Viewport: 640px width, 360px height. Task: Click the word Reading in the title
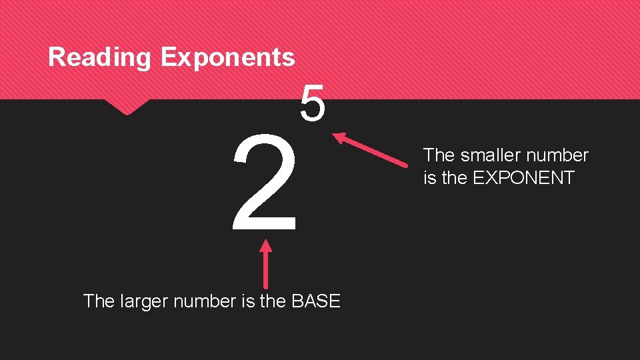(x=100, y=57)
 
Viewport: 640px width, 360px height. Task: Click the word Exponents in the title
(x=227, y=57)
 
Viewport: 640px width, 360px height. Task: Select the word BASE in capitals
(x=316, y=301)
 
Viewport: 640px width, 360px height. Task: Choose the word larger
(x=143, y=301)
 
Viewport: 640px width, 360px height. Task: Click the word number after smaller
(x=558, y=155)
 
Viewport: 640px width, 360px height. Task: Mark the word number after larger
(x=204, y=301)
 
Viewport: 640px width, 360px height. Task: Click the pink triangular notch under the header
(x=126, y=107)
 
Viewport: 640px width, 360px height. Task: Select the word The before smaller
(x=439, y=155)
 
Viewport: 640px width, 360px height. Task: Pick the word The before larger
(x=99, y=301)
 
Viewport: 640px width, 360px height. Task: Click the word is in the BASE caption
(x=247, y=301)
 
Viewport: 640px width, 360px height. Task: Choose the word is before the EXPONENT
(x=429, y=178)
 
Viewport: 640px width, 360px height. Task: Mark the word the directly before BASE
(x=273, y=301)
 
